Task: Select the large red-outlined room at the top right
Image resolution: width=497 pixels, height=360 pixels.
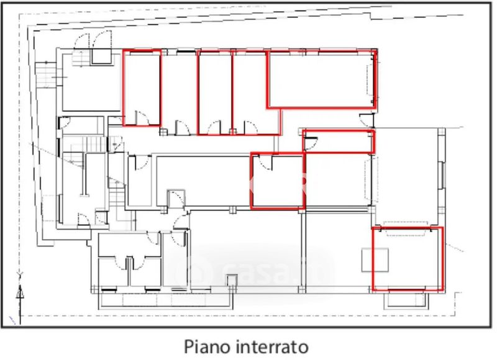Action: [321, 79]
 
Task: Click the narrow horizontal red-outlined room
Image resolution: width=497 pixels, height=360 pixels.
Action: [339, 142]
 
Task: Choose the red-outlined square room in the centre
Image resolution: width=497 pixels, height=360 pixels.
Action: [277, 181]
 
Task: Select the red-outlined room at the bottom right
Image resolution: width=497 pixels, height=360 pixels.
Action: [408, 259]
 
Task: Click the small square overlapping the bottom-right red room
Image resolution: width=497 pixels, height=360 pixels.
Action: [375, 259]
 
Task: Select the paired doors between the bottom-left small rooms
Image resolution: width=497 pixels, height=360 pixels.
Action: [129, 263]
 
